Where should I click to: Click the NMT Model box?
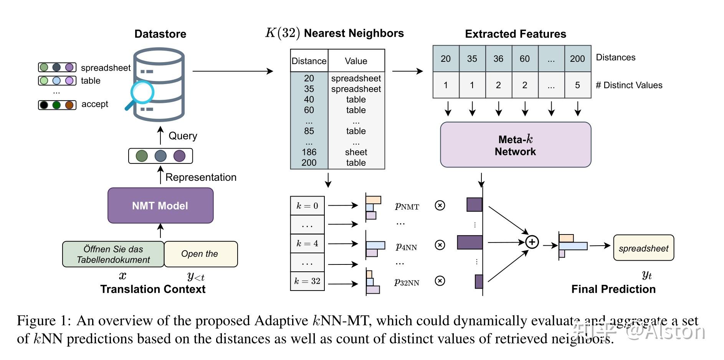tap(160, 205)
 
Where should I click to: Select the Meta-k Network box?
tap(515, 145)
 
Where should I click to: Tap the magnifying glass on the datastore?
tap(141, 93)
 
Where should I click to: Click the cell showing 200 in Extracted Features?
tap(577, 59)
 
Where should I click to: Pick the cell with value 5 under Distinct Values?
tap(577, 85)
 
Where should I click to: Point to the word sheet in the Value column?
tap(356, 152)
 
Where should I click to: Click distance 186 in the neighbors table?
tap(309, 152)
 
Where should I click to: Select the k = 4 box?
tap(307, 243)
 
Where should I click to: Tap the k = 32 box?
tap(307, 281)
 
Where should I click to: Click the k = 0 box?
tap(307, 206)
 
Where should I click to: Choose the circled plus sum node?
tap(532, 242)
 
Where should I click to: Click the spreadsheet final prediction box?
tap(643, 248)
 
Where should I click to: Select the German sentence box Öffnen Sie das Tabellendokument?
tap(113, 254)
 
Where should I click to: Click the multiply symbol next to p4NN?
tap(440, 245)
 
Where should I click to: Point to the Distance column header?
tap(309, 61)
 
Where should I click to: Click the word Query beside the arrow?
tap(183, 136)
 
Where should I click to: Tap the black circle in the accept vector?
tap(44, 105)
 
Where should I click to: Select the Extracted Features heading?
tap(515, 34)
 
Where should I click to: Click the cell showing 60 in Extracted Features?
tap(524, 59)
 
